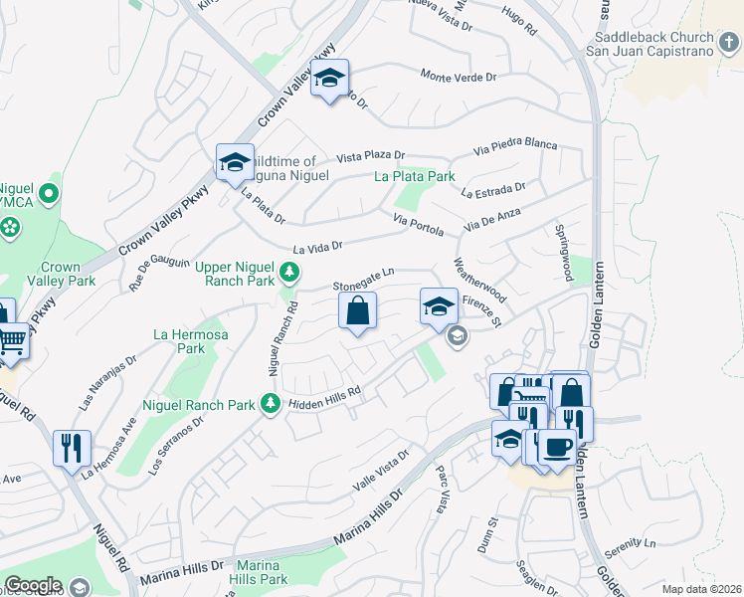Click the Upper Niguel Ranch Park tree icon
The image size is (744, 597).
[x=288, y=272]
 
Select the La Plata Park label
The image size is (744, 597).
[x=414, y=177]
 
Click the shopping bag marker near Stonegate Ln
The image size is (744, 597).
[x=357, y=310]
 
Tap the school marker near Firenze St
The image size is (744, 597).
[x=438, y=306]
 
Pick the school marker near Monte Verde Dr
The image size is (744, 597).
[x=327, y=80]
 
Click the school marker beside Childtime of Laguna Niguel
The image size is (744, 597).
[x=235, y=163]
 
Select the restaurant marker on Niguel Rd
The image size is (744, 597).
[x=72, y=449]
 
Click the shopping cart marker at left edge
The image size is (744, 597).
[x=12, y=342]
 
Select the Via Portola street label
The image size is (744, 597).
[x=418, y=224]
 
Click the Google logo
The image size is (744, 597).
[x=33, y=585]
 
